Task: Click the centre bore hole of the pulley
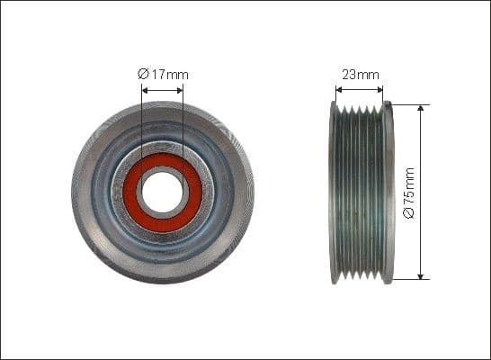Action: pyautogui.click(x=163, y=193)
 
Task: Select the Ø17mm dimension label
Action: pyautogui.click(x=163, y=75)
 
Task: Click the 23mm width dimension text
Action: pyautogui.click(x=359, y=75)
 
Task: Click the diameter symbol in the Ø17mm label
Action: pyautogui.click(x=144, y=75)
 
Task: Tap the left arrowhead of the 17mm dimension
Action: pyautogui.click(x=146, y=89)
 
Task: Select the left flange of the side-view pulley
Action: pyautogui.click(x=334, y=193)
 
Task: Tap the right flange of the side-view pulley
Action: pyautogui.click(x=388, y=193)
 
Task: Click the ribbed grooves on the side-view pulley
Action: pyautogui.click(x=360, y=193)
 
